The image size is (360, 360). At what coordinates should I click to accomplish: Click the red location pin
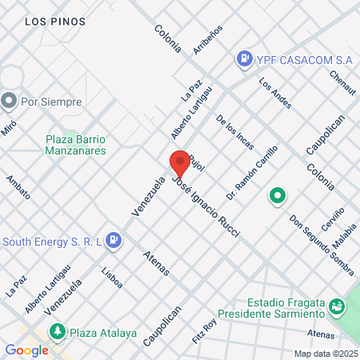click(180, 162)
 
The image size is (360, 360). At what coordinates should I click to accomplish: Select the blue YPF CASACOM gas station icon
click(242, 59)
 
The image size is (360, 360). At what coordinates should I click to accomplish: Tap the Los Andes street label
click(274, 93)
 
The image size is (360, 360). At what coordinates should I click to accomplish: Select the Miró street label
click(8, 127)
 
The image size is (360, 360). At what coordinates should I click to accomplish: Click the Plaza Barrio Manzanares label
click(76, 144)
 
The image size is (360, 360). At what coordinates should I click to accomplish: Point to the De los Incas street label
click(234, 130)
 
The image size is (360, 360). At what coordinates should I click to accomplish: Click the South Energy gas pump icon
click(114, 239)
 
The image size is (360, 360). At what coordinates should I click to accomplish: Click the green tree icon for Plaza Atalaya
click(58, 331)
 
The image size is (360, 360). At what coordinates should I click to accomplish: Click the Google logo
click(26, 350)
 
